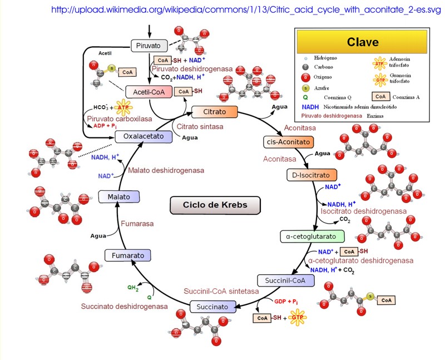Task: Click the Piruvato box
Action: point(149,45)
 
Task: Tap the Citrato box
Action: point(214,112)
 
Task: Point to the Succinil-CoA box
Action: point(282,280)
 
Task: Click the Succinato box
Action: point(212,307)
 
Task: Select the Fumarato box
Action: point(128,255)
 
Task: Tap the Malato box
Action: point(118,196)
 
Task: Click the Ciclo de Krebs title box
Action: point(215,205)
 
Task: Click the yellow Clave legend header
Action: point(362,42)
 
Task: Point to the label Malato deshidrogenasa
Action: point(165,170)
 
